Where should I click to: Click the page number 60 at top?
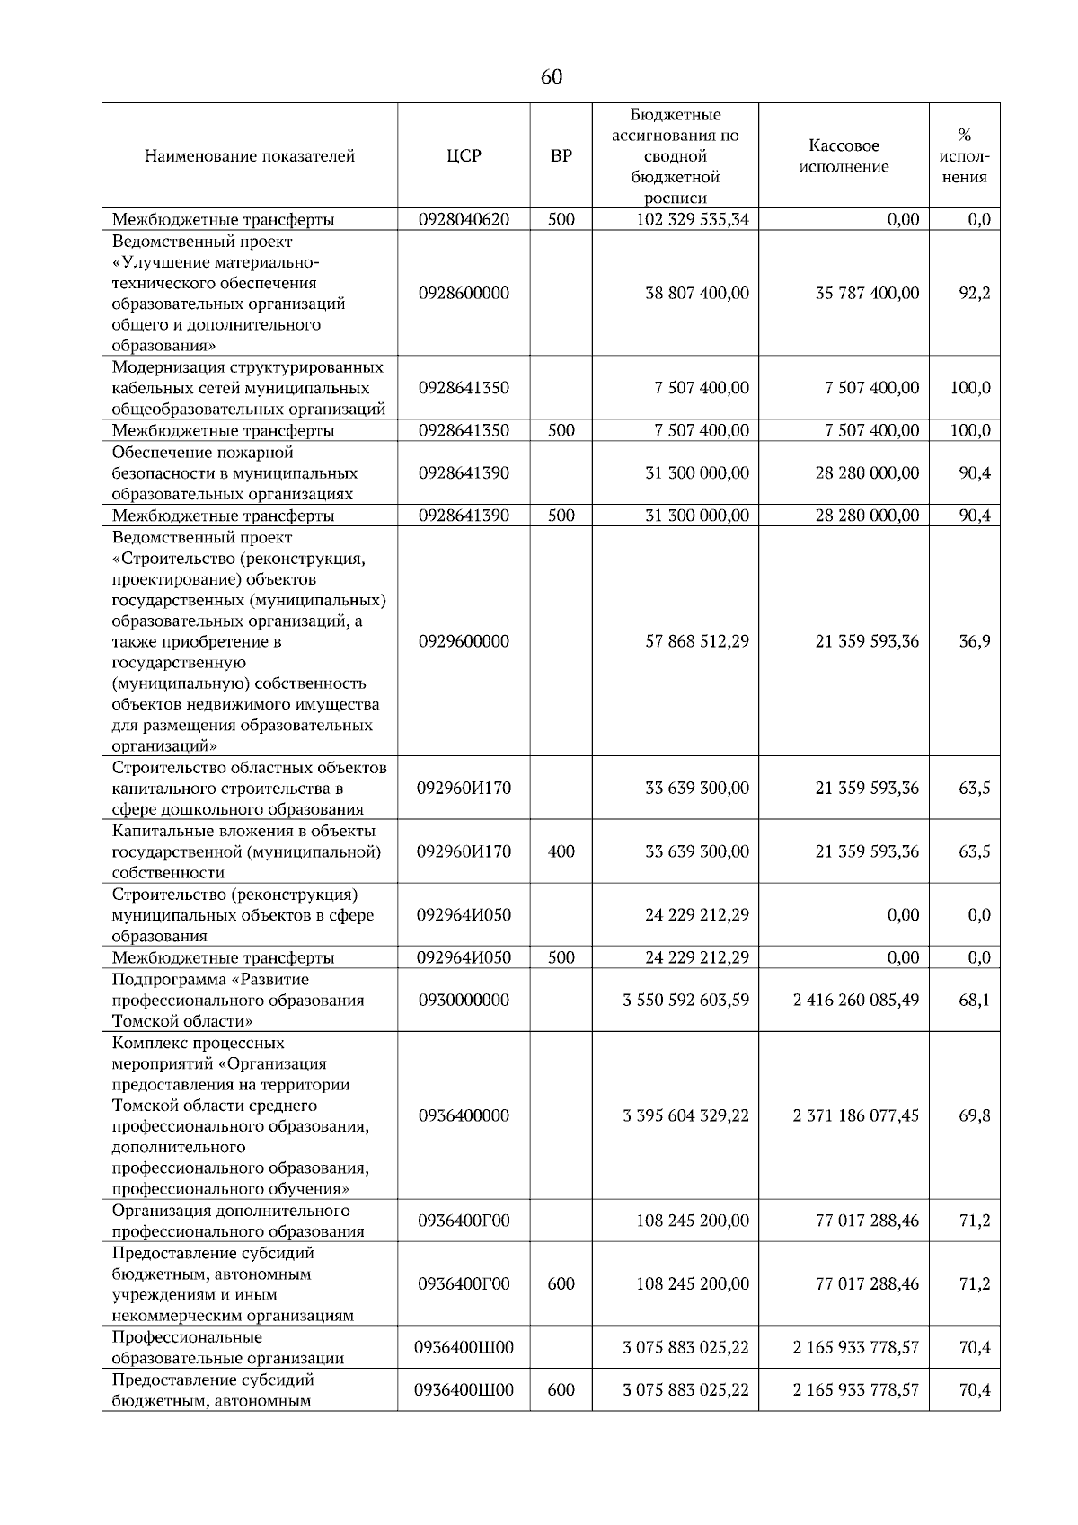pyautogui.click(x=551, y=77)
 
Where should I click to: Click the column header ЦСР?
pyautogui.click(x=464, y=156)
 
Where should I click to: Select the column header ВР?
pyautogui.click(x=561, y=156)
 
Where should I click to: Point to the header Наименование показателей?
pyautogui.click(x=250, y=156)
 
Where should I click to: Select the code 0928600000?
pyautogui.click(x=464, y=294)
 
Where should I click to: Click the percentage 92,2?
pyautogui.click(x=974, y=294)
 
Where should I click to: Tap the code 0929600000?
pyautogui.click(x=464, y=641)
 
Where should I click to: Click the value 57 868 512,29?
pyautogui.click(x=696, y=641)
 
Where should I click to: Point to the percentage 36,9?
pyautogui.click(x=974, y=641)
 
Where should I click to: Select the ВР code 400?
pyautogui.click(x=561, y=851)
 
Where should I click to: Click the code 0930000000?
pyautogui.click(x=464, y=1000)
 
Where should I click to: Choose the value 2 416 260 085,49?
pyautogui.click(x=855, y=1000)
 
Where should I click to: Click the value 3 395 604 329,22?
pyautogui.click(x=685, y=1115)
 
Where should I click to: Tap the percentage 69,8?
pyautogui.click(x=974, y=1115)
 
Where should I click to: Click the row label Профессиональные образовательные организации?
pyautogui.click(x=227, y=1347)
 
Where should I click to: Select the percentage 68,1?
pyautogui.click(x=974, y=1000)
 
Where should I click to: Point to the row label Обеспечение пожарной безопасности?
pyautogui.click(x=234, y=473)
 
